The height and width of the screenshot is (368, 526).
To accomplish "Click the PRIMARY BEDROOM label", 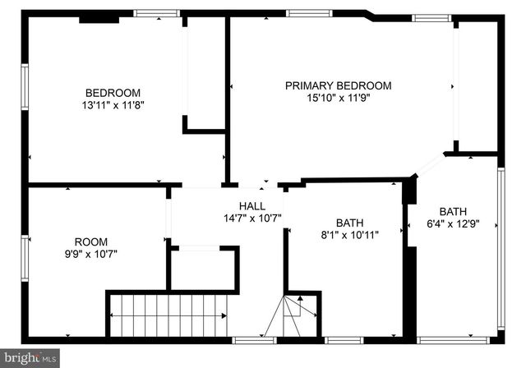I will [x=338, y=85].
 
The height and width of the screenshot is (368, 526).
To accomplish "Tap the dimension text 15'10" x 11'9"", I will [x=338, y=99].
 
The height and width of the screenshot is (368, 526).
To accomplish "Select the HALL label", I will [x=252, y=205].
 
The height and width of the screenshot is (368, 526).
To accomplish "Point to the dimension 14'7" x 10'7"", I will [x=252, y=218].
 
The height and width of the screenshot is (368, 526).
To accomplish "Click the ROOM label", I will [x=91, y=241].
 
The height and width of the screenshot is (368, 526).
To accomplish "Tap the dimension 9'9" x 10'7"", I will [x=91, y=254].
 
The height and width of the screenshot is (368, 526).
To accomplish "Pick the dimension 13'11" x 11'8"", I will [x=113, y=105].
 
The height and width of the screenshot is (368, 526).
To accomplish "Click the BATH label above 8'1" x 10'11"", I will [x=348, y=223].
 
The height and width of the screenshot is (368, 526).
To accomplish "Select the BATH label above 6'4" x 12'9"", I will [x=453, y=210].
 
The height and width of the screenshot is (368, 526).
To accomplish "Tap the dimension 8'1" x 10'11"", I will [x=348, y=235].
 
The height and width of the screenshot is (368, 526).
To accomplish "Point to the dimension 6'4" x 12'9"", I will [x=453, y=223].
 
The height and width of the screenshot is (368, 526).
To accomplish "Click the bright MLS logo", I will [x=30, y=358].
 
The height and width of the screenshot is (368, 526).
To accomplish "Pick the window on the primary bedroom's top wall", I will [x=310, y=13].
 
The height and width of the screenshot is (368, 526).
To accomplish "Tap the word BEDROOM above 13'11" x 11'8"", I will [x=113, y=93].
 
